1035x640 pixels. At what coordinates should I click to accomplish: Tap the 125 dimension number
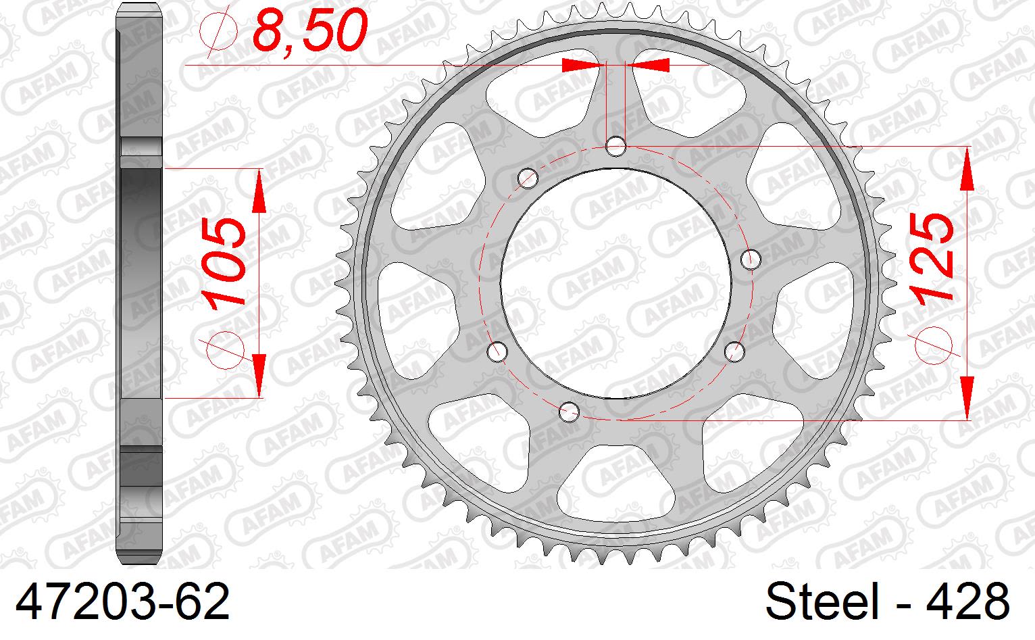pos(933,256)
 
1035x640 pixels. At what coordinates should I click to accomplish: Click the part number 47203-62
pos(122,602)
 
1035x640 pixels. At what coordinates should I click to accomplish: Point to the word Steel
pos(820,602)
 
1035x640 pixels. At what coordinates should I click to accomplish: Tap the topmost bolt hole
pos(615,145)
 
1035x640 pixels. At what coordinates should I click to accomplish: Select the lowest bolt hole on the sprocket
pos(570,410)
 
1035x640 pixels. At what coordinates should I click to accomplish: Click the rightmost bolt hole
pos(751,259)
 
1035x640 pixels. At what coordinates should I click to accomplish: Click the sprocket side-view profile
pos(141,284)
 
